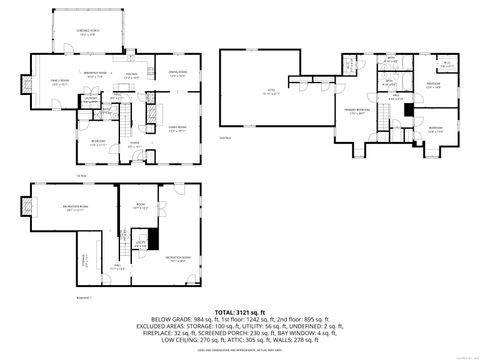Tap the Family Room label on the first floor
46,83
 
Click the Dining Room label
177,72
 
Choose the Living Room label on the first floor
176,128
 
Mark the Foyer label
132,143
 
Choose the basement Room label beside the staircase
141,210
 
